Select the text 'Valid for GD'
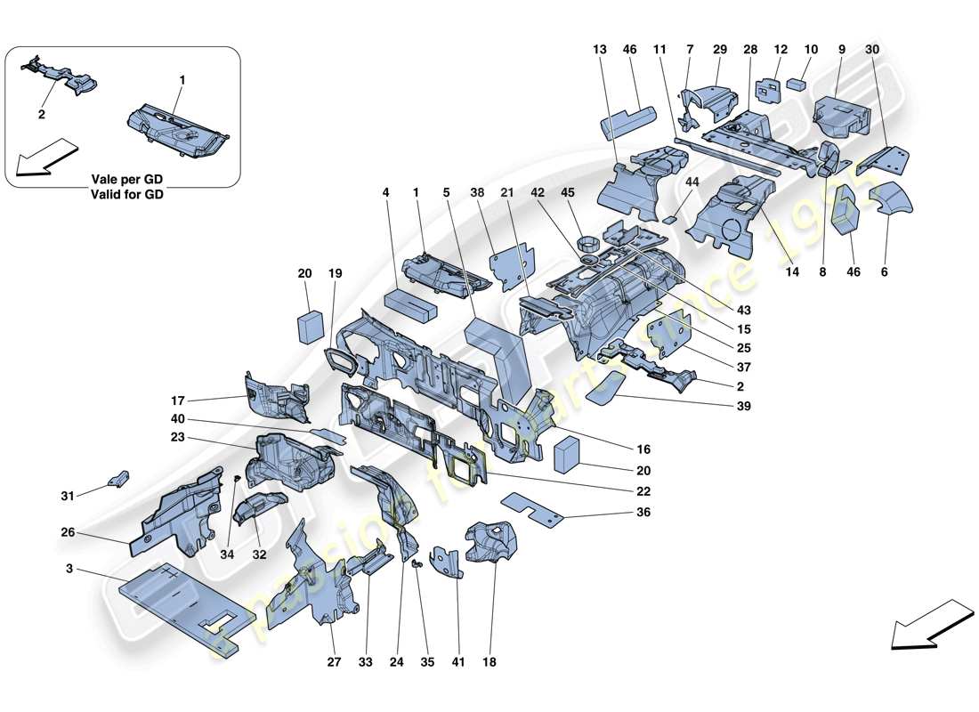(127, 195)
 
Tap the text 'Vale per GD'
(127, 181)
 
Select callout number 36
(643, 513)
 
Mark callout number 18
(489, 662)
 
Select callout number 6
(885, 272)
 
